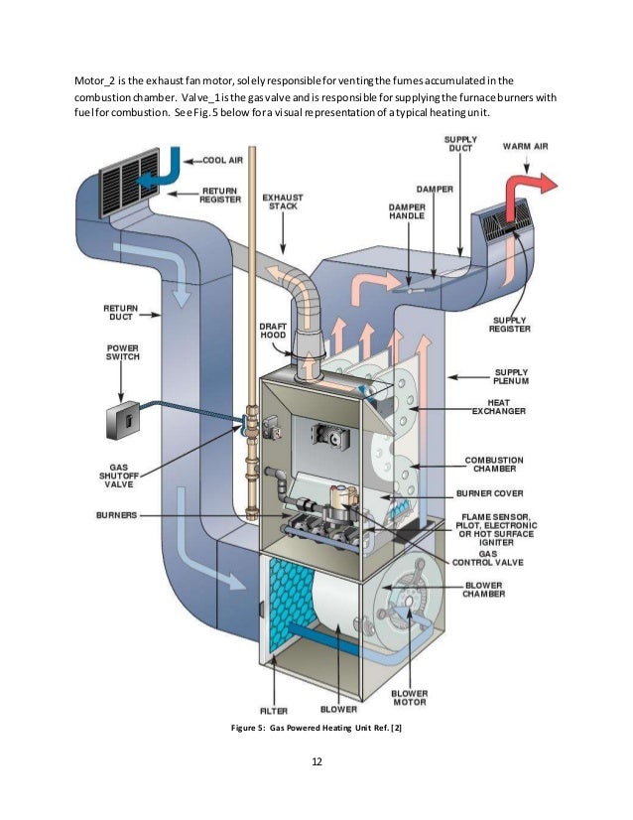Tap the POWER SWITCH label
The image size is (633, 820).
click(123, 354)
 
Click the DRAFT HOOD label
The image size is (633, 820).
click(273, 332)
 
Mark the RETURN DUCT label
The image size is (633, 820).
click(121, 314)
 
